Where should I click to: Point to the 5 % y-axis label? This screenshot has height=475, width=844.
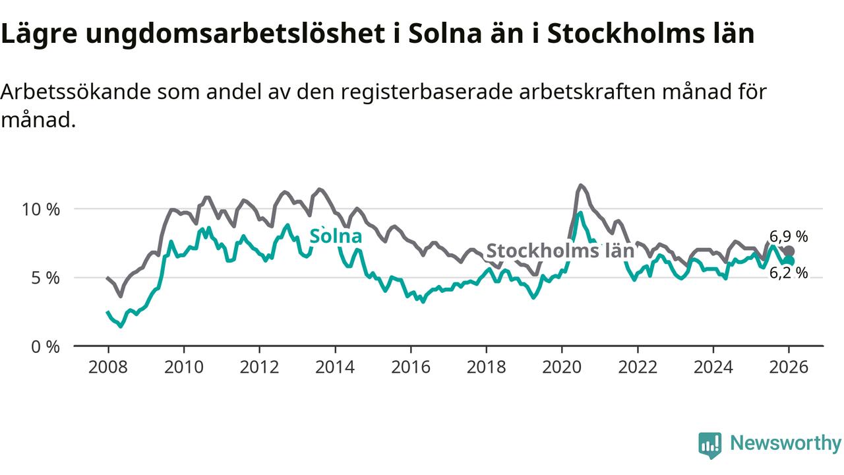point(46,278)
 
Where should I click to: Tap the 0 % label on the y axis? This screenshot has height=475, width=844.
point(46,346)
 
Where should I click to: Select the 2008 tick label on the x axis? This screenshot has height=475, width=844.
point(107,367)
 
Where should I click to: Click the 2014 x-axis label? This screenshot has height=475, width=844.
point(335,367)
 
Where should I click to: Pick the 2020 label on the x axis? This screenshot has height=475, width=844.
point(562,367)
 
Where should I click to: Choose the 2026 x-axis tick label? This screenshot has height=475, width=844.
point(789,367)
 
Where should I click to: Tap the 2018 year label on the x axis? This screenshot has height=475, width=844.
point(486,367)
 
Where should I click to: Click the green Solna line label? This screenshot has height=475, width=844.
point(336,236)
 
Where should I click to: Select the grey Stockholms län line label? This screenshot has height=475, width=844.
point(560,251)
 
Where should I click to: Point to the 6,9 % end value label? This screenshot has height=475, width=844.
point(789,237)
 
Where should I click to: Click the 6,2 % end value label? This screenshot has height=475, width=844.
point(789,272)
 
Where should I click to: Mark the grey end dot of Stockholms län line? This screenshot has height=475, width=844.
point(789,251)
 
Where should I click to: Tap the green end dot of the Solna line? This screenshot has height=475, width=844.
point(789,261)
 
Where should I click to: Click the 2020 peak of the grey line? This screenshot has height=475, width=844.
point(580,185)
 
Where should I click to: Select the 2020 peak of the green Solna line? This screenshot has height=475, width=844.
point(580,213)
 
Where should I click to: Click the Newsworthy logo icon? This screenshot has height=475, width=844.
point(710,445)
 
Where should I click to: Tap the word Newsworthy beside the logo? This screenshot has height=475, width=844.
point(785,443)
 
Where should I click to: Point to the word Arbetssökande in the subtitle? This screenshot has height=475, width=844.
point(75,92)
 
